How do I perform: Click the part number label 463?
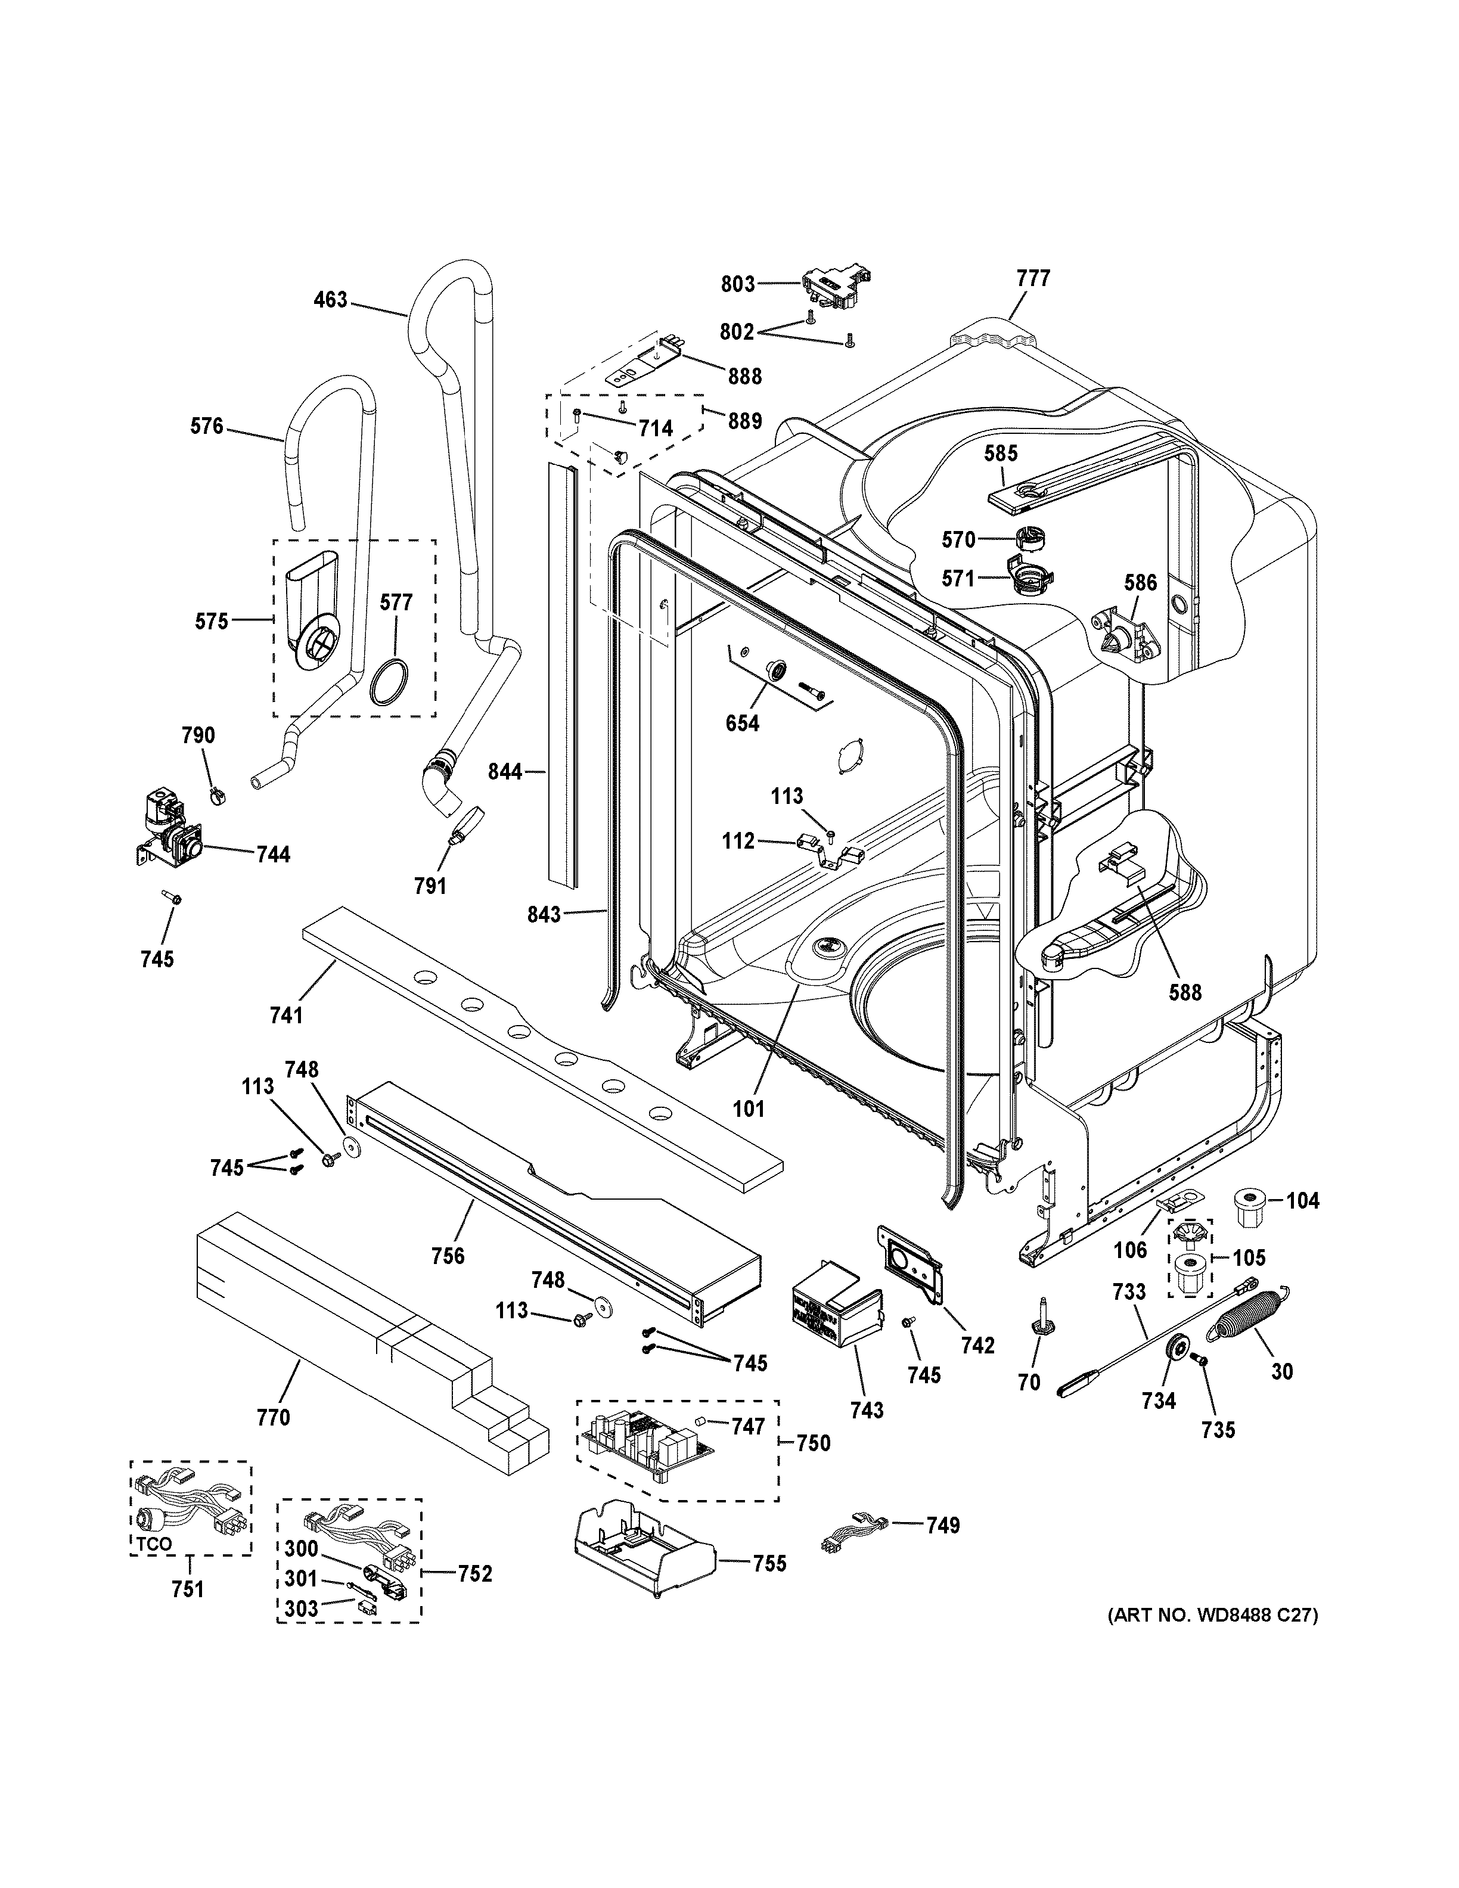(330, 300)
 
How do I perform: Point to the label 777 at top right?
(1033, 278)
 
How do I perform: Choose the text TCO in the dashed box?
(153, 1545)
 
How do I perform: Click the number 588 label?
(1185, 992)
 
